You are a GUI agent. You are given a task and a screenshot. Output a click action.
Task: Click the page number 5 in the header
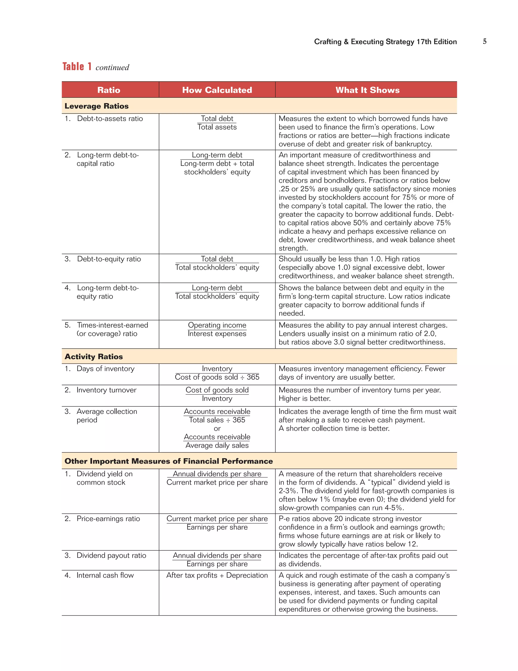485,42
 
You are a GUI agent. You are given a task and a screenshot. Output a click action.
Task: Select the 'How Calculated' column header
217,90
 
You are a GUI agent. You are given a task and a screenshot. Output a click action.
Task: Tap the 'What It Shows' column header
367,90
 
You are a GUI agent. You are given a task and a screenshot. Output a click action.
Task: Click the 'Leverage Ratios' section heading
96,106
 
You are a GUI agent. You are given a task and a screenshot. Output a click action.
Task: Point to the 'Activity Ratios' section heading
94,357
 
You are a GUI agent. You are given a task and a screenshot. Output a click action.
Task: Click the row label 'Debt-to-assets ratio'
110,119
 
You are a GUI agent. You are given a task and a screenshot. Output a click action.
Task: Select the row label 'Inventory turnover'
106,390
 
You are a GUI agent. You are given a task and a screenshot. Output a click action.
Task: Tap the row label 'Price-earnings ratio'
108,519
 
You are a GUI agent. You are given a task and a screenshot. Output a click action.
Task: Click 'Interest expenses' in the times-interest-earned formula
217,334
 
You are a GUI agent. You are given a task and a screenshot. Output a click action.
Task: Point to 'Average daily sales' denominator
217,445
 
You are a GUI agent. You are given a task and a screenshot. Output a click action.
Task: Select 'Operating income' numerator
217,325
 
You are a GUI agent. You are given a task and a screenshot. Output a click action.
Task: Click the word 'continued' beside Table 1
112,68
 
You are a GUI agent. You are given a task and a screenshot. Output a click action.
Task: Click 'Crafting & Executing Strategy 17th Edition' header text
385,42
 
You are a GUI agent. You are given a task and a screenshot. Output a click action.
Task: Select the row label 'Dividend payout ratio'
111,556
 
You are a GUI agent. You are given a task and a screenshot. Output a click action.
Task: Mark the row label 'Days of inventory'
105,369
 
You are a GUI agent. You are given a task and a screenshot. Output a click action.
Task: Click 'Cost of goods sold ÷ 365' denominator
217,377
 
